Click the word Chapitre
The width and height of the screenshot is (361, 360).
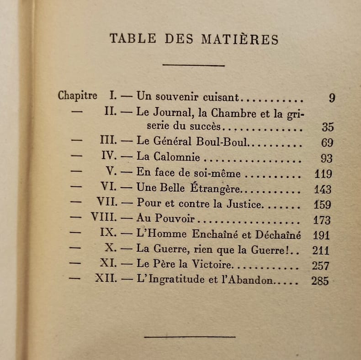[78, 96]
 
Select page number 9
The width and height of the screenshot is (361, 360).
[332, 98]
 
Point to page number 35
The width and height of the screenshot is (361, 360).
[327, 127]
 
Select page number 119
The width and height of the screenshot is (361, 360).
[323, 174]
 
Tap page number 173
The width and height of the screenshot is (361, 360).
[322, 220]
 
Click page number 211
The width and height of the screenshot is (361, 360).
[321, 250]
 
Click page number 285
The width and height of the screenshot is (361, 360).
[320, 281]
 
